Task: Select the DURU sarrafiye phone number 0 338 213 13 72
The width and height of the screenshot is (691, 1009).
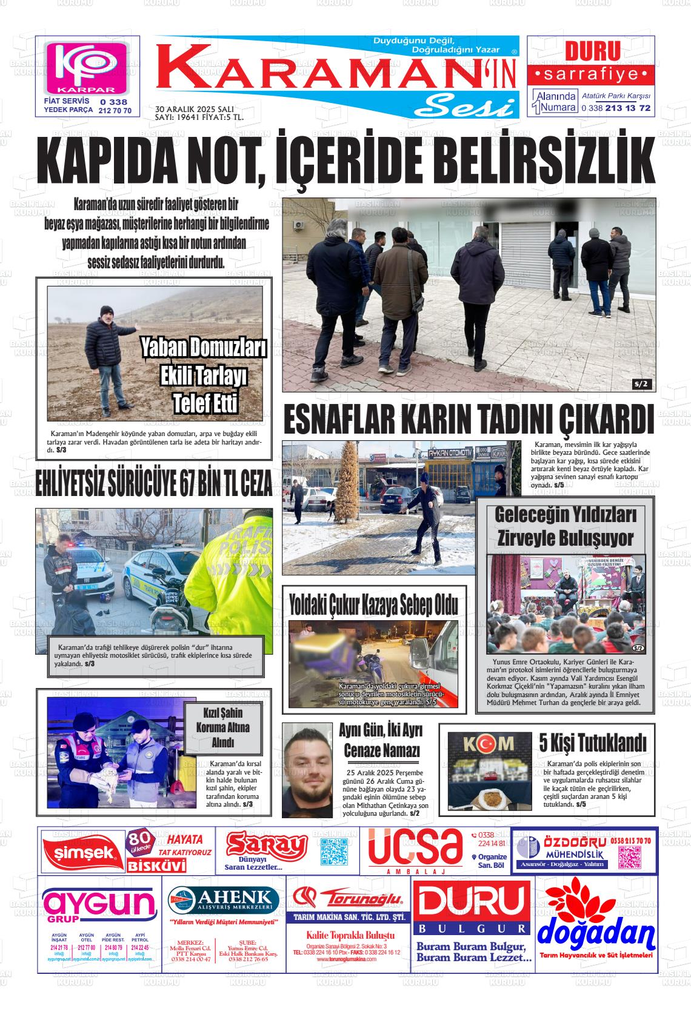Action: click(x=615, y=108)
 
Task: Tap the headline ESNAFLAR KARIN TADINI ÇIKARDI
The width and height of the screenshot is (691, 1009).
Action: click(x=469, y=419)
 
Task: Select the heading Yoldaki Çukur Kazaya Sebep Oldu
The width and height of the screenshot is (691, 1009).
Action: click(x=373, y=604)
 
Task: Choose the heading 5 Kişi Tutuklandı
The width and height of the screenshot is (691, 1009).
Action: click(x=593, y=742)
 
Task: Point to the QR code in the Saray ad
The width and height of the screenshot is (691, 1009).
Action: click(x=333, y=852)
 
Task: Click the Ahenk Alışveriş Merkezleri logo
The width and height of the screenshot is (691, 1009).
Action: click(x=224, y=900)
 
